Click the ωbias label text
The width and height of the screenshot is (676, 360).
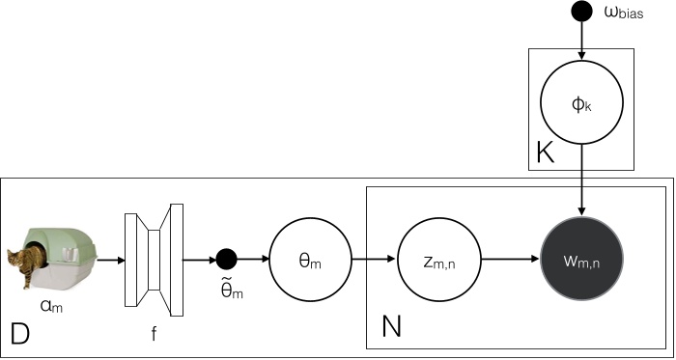(624, 13)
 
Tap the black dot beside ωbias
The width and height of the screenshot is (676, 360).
(581, 11)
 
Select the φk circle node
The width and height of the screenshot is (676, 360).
(581, 103)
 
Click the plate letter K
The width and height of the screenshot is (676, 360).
(545, 152)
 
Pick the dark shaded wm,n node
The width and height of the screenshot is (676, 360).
(581, 260)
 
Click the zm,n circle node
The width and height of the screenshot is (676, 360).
(438, 260)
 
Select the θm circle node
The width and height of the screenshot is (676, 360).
(310, 260)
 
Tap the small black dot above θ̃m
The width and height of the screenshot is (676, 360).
(226, 260)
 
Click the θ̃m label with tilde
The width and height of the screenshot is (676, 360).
(229, 289)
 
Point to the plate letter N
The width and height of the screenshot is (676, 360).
(391, 326)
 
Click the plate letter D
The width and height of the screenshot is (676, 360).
(20, 333)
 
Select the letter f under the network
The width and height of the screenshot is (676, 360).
(154, 334)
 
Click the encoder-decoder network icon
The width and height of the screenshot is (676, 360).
(154, 260)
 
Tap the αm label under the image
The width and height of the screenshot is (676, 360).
(51, 307)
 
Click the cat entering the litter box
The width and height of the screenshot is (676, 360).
(26, 263)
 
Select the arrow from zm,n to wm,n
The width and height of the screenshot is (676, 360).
(510, 260)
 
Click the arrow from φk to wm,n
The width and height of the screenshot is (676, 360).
(581, 181)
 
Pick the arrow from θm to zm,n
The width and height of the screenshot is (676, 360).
(374, 260)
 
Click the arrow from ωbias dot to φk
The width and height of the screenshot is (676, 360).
(581, 41)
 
